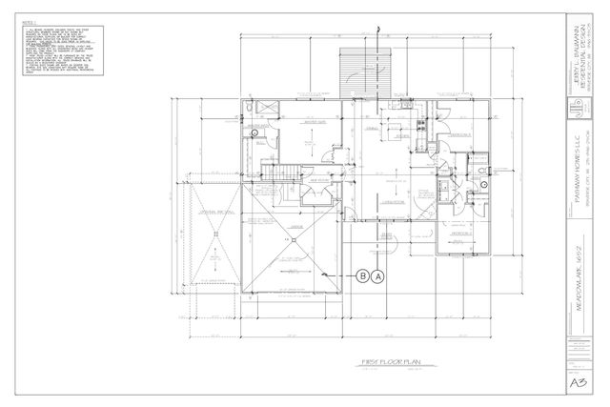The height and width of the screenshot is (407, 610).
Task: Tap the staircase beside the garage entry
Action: (276, 173)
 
